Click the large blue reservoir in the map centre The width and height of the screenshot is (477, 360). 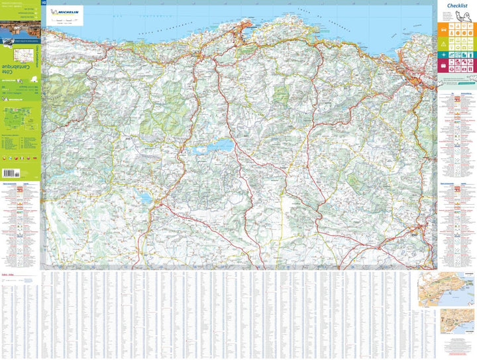[x=209, y=148]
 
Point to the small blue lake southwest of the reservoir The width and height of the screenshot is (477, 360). [x=145, y=197]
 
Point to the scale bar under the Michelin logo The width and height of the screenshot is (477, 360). [x=63, y=23]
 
